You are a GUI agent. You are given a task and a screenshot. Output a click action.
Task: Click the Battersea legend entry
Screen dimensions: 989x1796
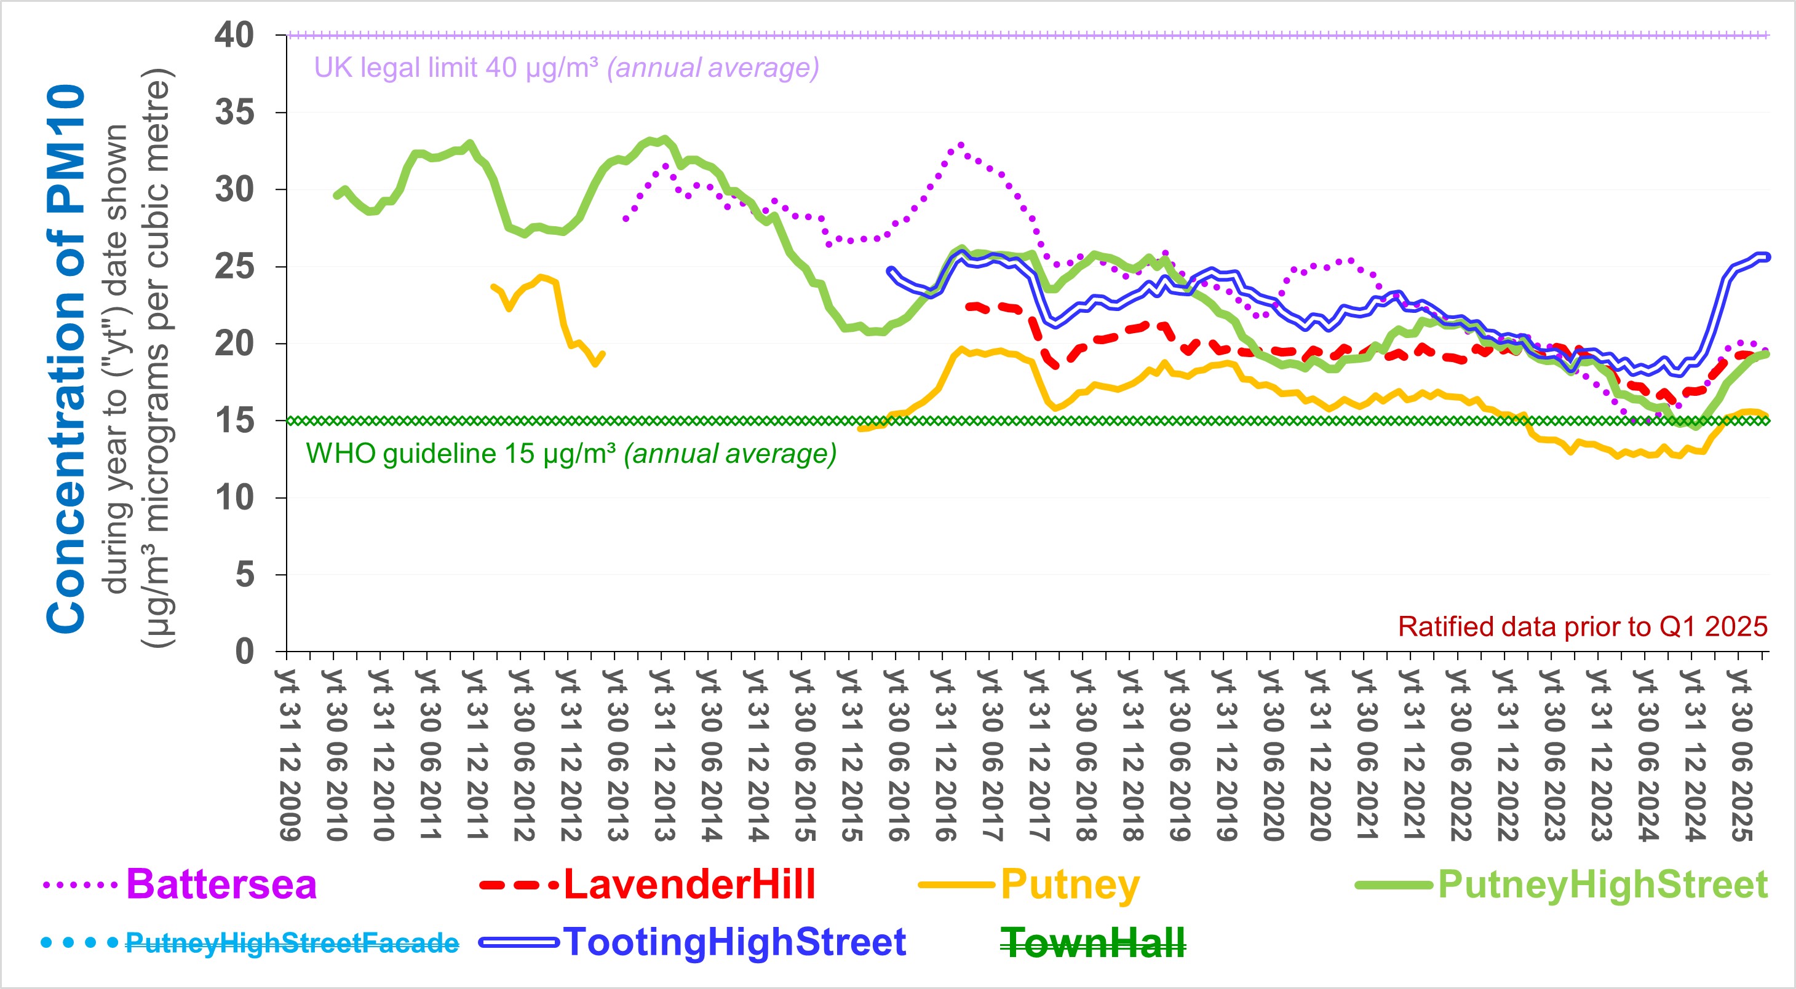[221, 885]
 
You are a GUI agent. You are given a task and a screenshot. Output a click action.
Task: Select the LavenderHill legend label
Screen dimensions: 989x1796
[689, 885]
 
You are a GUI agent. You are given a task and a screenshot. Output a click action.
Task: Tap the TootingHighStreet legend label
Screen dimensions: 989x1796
[734, 942]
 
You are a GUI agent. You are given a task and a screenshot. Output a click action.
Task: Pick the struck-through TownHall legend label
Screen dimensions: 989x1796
[1092, 943]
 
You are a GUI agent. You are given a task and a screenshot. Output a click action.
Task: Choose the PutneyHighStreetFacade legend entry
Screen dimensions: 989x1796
[292, 943]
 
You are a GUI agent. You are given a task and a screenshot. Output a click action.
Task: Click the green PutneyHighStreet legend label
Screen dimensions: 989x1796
[1602, 885]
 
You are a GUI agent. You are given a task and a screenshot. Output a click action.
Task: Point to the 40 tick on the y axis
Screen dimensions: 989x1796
[234, 36]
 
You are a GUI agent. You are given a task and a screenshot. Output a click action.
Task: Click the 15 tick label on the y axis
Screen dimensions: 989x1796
[234, 421]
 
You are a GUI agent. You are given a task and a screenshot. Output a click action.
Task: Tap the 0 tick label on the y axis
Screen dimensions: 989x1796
[245, 652]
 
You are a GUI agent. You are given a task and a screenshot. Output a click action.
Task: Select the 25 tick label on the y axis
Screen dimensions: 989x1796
[234, 267]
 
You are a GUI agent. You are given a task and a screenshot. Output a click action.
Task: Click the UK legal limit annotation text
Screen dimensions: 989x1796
[566, 68]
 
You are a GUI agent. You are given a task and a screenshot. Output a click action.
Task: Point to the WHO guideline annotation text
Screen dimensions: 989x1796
[571, 454]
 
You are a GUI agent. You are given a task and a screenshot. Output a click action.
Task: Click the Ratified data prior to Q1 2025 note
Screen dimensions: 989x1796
[1583, 626]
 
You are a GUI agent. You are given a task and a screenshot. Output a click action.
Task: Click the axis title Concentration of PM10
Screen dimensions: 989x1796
[66, 359]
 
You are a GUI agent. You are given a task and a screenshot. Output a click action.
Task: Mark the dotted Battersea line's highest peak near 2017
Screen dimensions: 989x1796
[961, 145]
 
